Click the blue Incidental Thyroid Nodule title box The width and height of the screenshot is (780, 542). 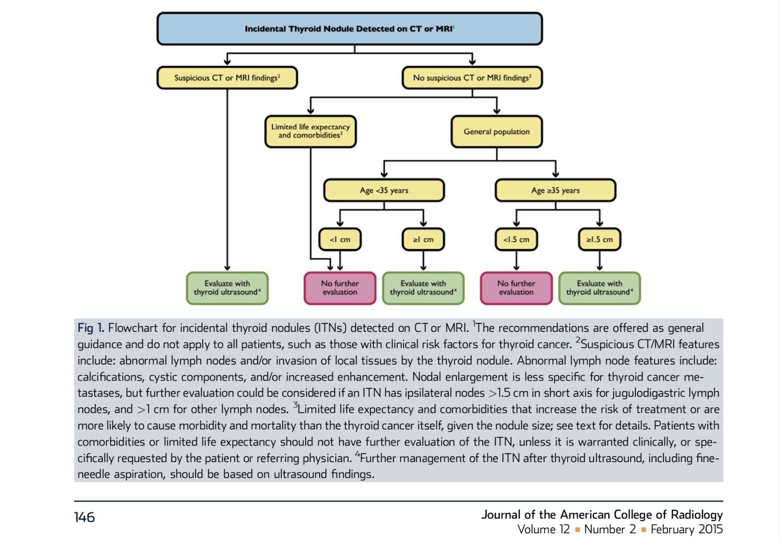click(350, 29)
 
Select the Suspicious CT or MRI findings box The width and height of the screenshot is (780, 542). click(227, 78)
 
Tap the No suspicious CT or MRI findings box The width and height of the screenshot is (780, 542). click(472, 78)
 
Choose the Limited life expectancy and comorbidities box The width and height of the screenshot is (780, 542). click(311, 131)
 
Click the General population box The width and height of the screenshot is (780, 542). click(497, 131)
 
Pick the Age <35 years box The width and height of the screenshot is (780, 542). click(384, 190)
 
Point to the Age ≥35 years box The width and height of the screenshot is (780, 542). click(555, 190)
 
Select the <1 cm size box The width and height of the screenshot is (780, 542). click(340, 240)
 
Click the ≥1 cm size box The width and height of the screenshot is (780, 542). click(423, 240)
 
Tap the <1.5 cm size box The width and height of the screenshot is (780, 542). click(516, 240)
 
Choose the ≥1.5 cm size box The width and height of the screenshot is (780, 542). click(600, 240)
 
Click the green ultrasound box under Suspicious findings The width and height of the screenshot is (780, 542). click(227, 288)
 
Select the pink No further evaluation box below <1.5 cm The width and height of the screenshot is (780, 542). click(516, 288)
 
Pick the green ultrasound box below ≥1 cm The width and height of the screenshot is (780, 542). click(423, 288)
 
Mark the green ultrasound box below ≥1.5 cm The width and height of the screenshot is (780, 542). click(600, 288)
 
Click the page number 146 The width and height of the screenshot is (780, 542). click(84, 517)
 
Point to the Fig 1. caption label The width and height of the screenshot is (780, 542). click(91, 328)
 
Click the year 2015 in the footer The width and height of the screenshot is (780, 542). click(710, 529)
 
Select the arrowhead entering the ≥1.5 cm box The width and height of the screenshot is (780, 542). click(600, 223)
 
